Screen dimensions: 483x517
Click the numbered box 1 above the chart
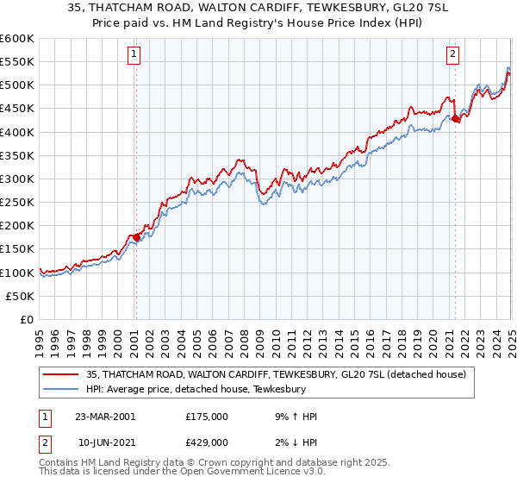135,54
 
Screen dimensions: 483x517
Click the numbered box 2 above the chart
453,54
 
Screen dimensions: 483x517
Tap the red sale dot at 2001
136,237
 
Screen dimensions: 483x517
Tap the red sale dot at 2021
455,119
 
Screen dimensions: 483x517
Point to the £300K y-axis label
18,179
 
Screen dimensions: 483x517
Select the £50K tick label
21,296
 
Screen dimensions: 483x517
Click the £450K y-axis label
18,109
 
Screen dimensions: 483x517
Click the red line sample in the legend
60,374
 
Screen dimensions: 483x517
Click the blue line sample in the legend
60,389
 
